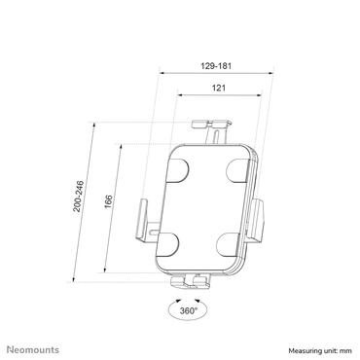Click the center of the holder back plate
[x=206, y=205]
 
